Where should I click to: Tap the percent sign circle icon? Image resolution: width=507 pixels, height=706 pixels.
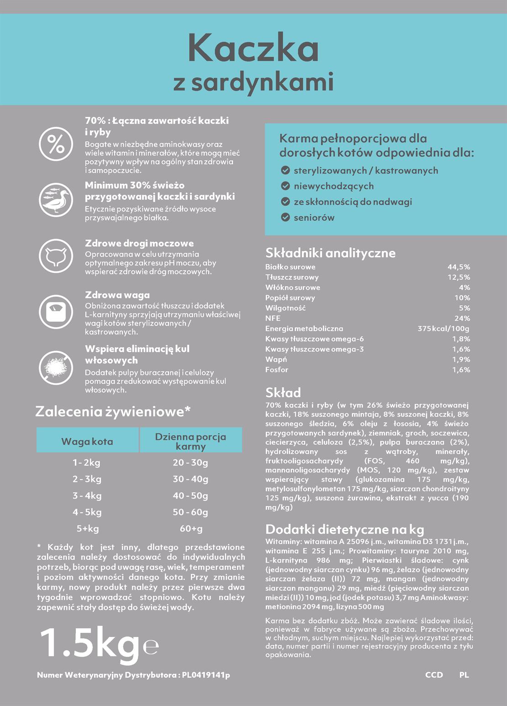coord(56,144)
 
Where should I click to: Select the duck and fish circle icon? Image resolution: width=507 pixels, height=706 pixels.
coord(56,199)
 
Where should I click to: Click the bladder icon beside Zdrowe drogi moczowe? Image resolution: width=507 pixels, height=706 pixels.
coord(56,256)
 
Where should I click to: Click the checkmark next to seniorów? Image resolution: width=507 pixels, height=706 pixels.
coord(285,218)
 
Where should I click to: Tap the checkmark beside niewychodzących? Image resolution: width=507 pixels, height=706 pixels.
coord(285,186)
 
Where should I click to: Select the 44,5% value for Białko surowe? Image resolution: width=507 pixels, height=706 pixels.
coord(459,267)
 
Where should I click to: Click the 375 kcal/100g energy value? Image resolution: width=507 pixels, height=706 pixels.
coord(443,329)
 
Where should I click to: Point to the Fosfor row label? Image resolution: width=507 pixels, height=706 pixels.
coord(277,370)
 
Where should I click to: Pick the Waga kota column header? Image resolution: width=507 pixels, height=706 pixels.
coord(87,441)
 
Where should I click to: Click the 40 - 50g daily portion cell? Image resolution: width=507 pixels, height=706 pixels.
coord(190,496)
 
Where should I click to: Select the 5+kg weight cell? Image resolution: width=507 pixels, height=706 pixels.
coord(87,529)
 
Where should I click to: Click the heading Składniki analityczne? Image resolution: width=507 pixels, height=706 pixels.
coord(330,253)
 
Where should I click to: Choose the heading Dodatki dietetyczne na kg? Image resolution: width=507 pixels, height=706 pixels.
coord(344,529)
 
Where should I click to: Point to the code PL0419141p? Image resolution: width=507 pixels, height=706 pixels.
coord(206,675)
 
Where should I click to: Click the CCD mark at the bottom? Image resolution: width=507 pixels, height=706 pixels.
coord(434,675)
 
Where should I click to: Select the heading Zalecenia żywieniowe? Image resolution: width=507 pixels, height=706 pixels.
coord(112,411)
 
